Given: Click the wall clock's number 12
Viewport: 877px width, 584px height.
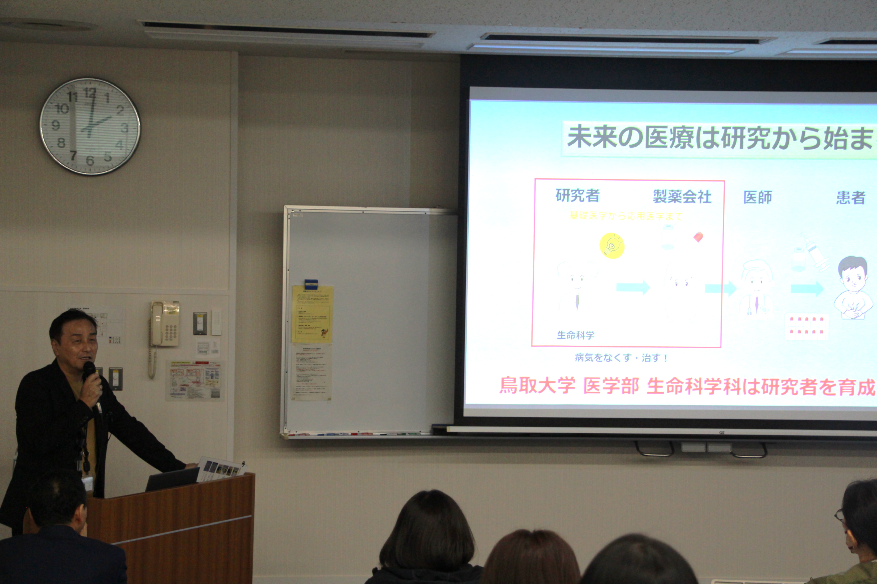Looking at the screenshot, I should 90,93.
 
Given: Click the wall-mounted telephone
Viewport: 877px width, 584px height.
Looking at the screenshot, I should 164,324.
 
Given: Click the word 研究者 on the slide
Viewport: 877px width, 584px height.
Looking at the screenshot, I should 577,196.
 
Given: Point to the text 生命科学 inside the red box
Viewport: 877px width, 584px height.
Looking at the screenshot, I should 575,335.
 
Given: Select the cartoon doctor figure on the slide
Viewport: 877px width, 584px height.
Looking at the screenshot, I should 756,289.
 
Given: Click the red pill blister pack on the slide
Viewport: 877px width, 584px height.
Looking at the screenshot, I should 806,326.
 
